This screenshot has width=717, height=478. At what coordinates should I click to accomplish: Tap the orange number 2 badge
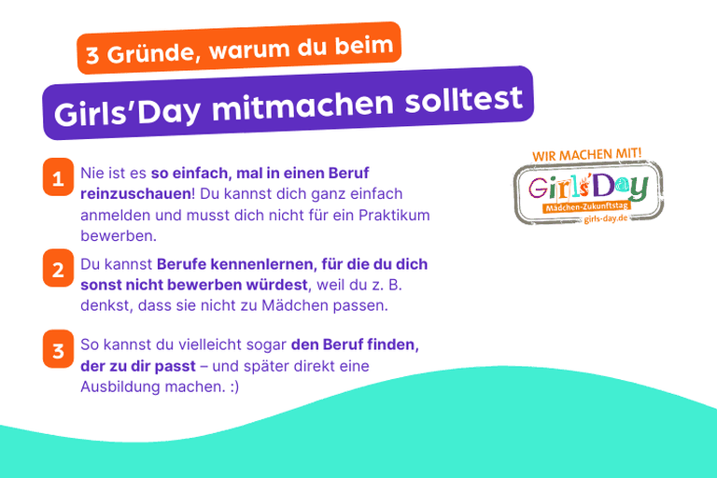pyautogui.click(x=57, y=271)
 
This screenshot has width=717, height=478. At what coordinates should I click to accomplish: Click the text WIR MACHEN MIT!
pyautogui.click(x=587, y=153)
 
